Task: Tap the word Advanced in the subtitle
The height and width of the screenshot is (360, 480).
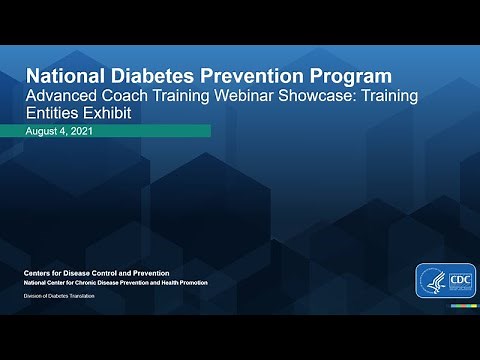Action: [62, 96]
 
